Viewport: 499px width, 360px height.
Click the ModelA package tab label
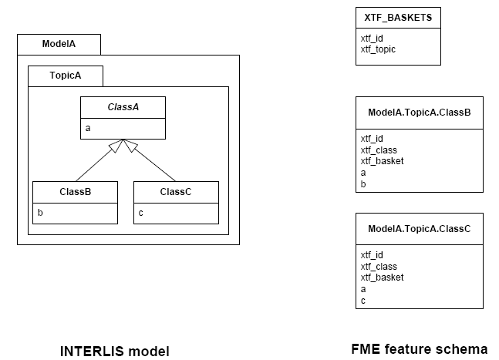59,44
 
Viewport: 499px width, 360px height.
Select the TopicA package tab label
66,76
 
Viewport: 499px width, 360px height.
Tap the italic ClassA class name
123,107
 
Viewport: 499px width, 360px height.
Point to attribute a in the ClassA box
88,128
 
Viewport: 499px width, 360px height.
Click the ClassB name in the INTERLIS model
75,192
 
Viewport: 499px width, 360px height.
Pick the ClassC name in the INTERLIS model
176,192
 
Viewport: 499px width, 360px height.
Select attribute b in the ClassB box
40,213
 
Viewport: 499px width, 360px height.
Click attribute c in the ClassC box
140,213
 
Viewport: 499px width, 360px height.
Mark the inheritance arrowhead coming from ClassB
116,146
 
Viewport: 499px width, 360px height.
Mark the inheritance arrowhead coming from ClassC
130,146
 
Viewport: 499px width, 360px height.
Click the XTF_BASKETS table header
398,18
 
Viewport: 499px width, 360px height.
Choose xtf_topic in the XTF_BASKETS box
378,49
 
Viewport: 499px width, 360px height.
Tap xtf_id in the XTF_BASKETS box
372,39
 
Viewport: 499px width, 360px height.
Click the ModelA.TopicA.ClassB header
419,113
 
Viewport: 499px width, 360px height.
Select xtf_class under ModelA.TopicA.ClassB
379,150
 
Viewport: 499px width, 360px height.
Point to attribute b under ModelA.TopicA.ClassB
363,183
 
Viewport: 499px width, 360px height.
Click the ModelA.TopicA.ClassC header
419,229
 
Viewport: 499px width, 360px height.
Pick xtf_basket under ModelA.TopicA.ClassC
382,278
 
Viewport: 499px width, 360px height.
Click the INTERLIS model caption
115,352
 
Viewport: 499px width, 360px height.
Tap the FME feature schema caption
420,349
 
